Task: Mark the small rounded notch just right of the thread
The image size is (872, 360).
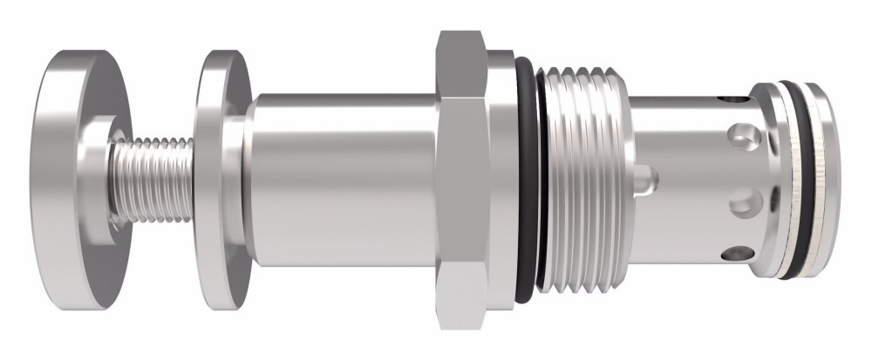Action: pos(644,180)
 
